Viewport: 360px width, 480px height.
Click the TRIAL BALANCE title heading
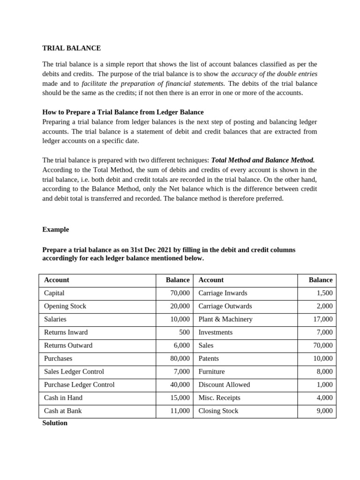click(71, 48)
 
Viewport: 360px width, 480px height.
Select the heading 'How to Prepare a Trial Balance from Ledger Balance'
click(123, 112)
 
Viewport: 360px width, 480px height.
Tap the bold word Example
click(55, 230)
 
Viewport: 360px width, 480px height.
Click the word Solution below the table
click(55, 423)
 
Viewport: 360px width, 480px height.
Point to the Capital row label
click(54, 293)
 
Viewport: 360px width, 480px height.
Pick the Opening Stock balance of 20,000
click(180, 306)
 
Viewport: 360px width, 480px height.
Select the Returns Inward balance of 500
click(184, 332)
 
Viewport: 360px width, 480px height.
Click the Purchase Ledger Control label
click(79, 385)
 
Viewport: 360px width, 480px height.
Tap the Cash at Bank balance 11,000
click(180, 411)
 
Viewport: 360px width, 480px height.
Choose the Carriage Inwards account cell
click(223, 293)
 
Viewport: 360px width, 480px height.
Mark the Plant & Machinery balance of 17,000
click(323, 319)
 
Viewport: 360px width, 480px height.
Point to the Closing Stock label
click(218, 411)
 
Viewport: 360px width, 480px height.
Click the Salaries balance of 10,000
click(180, 319)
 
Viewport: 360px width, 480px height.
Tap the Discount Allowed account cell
click(224, 385)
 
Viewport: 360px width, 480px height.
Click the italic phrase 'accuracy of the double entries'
click(274, 74)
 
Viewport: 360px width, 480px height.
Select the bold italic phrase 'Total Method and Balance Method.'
click(263, 160)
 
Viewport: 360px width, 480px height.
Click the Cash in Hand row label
click(63, 398)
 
